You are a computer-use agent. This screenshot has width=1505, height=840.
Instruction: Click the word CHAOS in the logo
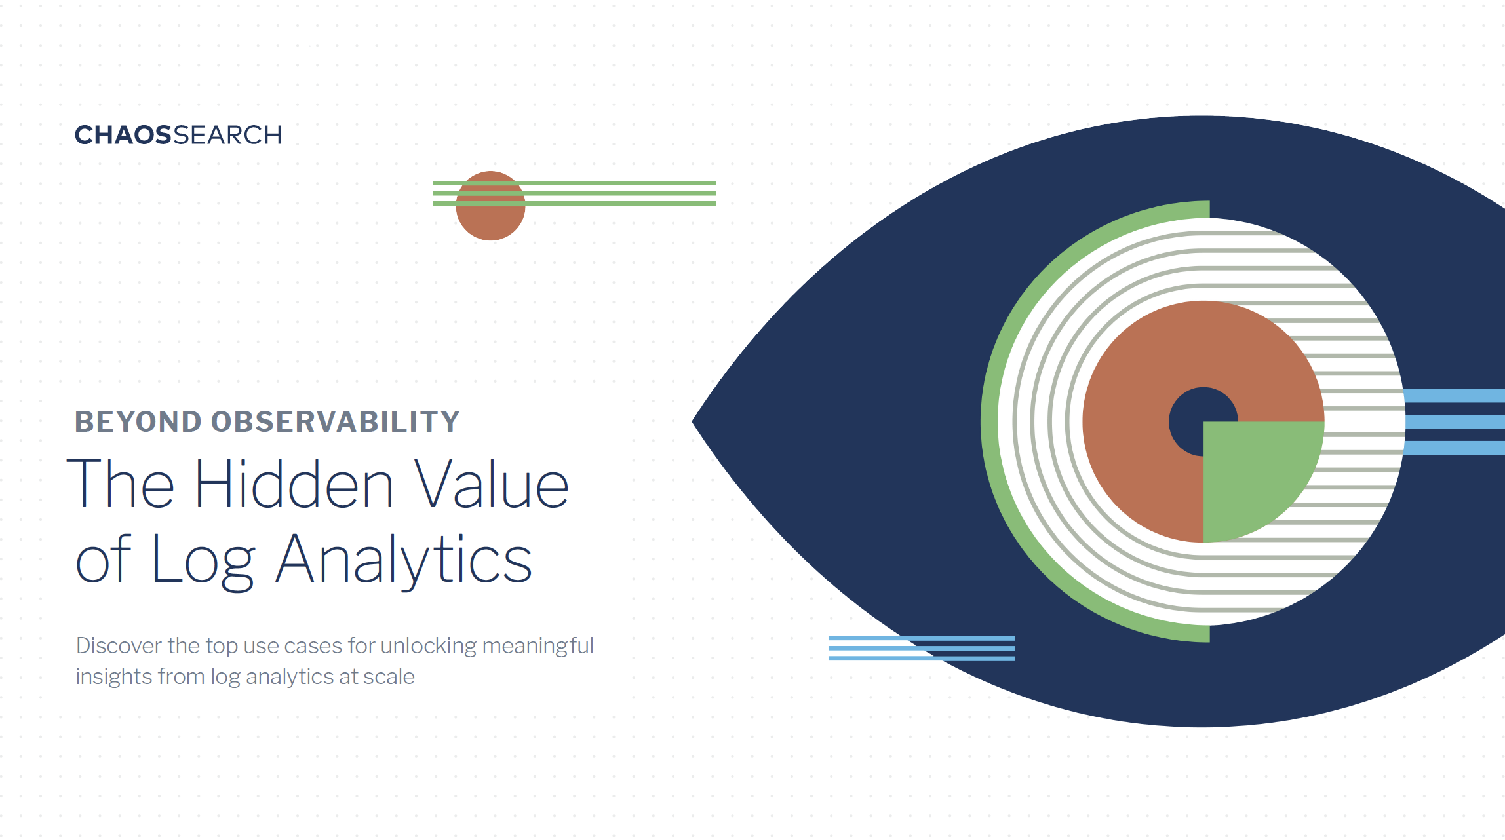click(x=123, y=135)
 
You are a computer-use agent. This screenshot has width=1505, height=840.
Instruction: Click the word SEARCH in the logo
click(x=227, y=135)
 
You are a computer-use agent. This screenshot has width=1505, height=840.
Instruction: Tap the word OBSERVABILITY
click(x=336, y=421)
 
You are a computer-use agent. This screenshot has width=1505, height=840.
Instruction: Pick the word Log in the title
click(x=203, y=560)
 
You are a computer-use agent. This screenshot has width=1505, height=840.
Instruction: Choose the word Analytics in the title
click(x=403, y=560)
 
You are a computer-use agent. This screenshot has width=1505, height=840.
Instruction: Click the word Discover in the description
click(x=119, y=645)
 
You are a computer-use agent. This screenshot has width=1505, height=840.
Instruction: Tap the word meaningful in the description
click(x=538, y=647)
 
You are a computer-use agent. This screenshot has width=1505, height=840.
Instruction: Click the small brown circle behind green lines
click(x=490, y=206)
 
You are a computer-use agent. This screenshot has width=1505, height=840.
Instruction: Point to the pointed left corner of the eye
click(x=693, y=421)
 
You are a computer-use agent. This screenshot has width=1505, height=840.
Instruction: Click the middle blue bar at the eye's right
click(x=1455, y=421)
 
